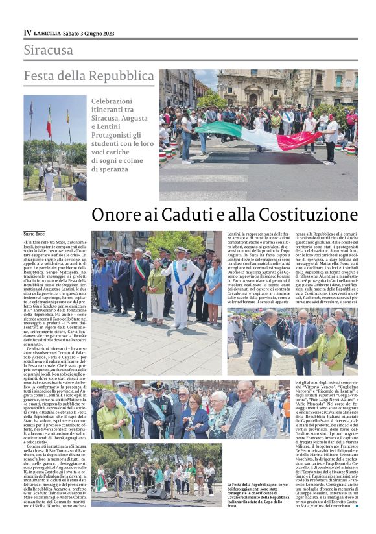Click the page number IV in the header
27,32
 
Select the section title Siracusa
49,50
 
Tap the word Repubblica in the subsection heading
121,76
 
